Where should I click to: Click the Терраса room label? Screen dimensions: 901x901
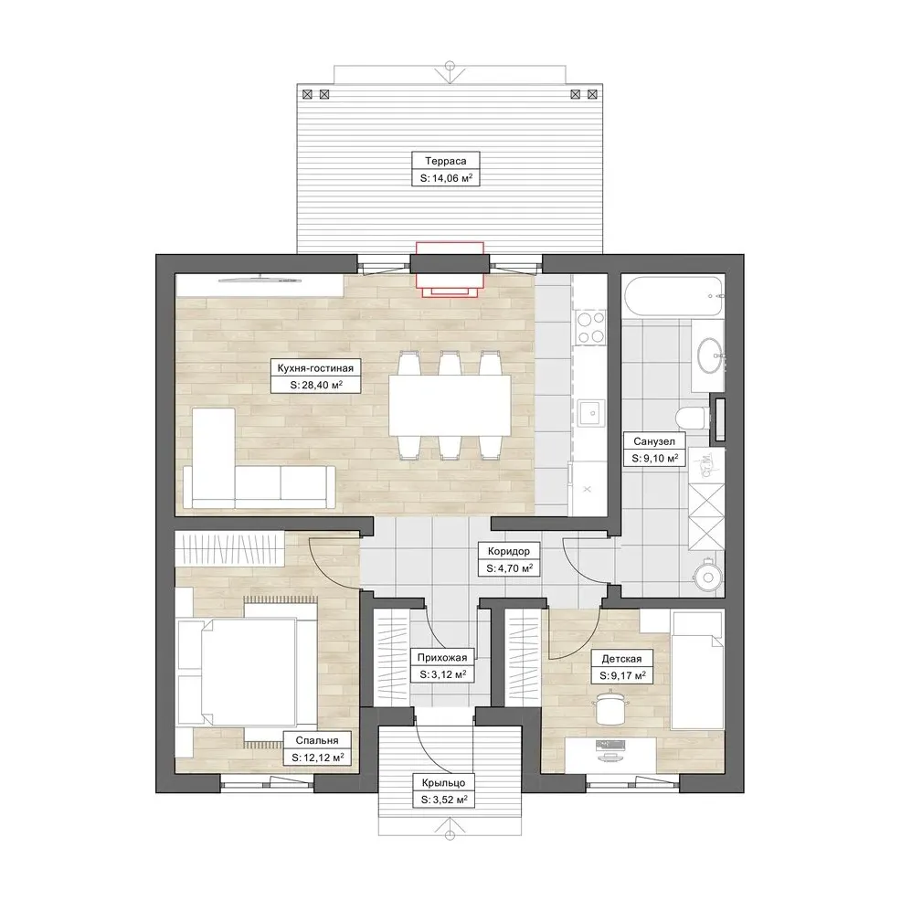445,161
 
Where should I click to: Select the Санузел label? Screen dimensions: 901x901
654,441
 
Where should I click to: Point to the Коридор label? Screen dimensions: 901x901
509,551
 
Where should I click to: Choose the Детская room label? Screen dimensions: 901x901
621,659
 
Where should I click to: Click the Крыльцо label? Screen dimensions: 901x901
443,782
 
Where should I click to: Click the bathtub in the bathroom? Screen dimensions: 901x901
673,296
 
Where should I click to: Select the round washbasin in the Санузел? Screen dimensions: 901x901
710,355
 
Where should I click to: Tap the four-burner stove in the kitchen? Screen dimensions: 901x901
591,327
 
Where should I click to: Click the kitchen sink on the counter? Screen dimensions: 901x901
591,412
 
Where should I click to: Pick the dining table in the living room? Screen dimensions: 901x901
450,405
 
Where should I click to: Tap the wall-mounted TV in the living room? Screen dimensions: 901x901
260,280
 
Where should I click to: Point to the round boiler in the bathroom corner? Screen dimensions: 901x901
707,577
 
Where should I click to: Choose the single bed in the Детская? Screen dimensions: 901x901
697,670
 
